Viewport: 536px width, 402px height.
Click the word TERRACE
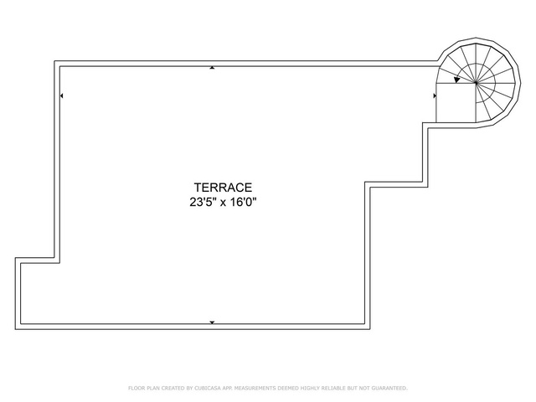coord(223,188)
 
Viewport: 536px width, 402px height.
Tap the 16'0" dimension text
coord(243,203)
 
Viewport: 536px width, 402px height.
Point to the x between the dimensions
coord(224,203)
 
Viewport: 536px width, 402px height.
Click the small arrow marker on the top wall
coord(212,68)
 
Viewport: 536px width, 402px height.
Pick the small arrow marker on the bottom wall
coord(212,322)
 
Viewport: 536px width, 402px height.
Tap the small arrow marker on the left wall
coord(61,95)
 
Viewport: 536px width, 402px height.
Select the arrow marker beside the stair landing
coord(435,95)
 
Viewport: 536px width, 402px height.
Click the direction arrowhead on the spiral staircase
coord(456,80)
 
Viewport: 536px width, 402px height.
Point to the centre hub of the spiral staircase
coord(476,82)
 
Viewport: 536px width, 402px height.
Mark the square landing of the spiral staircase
coord(456,102)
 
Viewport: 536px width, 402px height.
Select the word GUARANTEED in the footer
coord(389,388)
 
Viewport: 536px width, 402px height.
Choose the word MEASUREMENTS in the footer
coord(255,388)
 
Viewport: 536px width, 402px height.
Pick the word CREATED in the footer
coord(173,388)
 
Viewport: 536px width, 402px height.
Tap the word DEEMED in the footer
coord(288,388)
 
